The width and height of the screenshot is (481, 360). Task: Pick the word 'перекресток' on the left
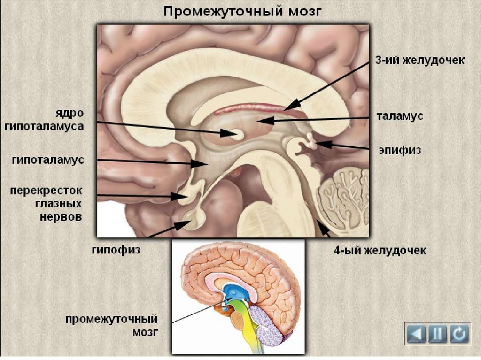(x=47, y=191)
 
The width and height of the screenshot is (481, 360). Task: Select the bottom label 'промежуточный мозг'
(x=111, y=326)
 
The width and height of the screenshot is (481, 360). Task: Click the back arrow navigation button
(x=416, y=334)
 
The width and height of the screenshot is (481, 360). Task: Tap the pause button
(x=438, y=334)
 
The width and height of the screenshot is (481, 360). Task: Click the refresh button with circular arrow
(x=459, y=334)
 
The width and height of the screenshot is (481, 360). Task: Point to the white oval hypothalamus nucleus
(x=238, y=135)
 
